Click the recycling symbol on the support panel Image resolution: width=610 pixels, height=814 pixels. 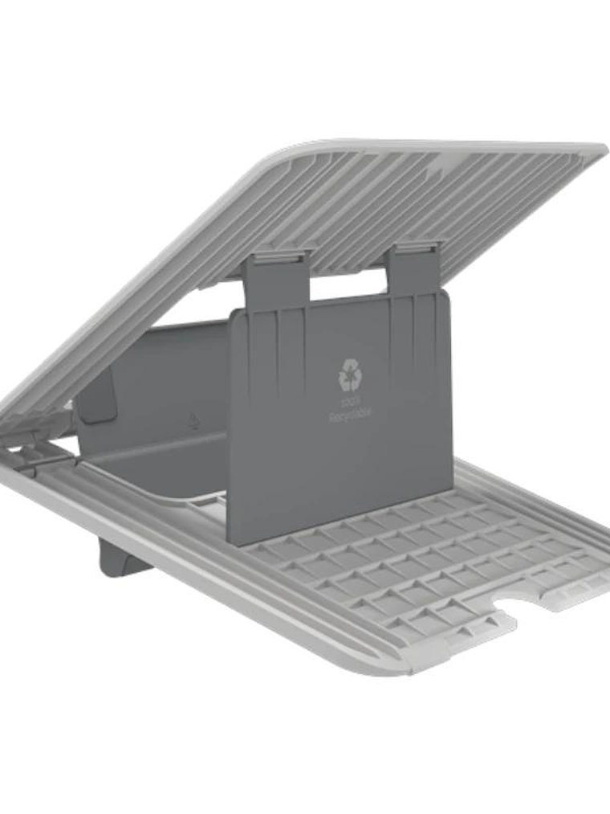click(x=350, y=374)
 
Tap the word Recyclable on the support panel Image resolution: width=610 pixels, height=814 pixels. click(x=350, y=415)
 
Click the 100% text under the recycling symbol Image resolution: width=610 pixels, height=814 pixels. click(x=350, y=403)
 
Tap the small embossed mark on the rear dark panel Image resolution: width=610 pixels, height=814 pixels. click(x=193, y=419)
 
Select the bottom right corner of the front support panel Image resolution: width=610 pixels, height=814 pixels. click(x=451, y=492)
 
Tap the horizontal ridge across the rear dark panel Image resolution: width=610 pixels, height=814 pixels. click(x=161, y=459)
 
